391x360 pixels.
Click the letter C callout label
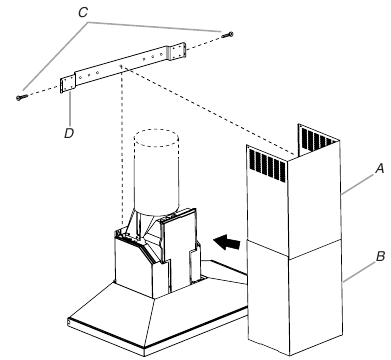pos(83,13)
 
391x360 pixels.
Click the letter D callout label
pos(69,133)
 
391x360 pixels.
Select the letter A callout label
pos(380,169)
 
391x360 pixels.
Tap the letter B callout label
pos(380,256)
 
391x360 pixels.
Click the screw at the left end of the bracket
pos(22,97)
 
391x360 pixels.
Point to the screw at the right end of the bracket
pos(228,34)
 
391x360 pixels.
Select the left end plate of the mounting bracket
pos(68,84)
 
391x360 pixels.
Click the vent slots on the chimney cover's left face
pos(267,165)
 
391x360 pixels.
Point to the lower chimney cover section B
pos(295,298)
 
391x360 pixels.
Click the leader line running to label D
pos(70,110)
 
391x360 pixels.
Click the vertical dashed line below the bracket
pos(122,147)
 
